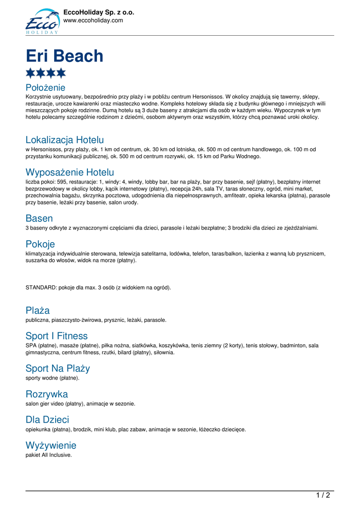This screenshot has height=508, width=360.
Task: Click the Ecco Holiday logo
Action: [42, 21]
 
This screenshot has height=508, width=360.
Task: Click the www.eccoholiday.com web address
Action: [93, 20]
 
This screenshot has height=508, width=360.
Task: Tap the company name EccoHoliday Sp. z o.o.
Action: [99, 12]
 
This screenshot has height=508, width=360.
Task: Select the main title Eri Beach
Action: [65, 56]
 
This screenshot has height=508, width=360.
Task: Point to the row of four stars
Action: [46, 73]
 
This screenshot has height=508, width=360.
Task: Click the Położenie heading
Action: [45, 88]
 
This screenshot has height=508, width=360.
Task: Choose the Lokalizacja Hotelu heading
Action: [65, 140]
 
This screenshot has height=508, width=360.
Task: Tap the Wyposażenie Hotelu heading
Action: [70, 173]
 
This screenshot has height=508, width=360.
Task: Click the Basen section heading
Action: [39, 218]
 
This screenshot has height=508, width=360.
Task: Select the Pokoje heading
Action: [40, 244]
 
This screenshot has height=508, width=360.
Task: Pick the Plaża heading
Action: [38, 311]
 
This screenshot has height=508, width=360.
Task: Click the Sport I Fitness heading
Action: [57, 336]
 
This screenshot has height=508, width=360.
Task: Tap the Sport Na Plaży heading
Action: [58, 369]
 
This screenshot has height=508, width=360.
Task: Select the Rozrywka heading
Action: [47, 394]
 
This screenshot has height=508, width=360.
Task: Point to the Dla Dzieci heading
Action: [47, 420]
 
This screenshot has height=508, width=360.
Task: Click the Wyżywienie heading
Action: [51, 445]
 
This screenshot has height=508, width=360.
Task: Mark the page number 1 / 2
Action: [323, 495]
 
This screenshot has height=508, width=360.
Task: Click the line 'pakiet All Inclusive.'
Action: [49, 455]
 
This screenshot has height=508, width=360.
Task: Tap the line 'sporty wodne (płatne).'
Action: [52, 378]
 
